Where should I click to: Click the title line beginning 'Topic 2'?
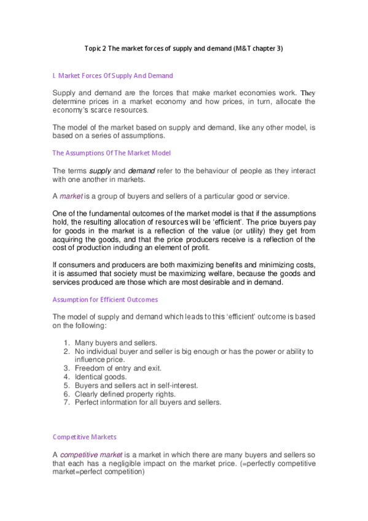[x=183, y=49]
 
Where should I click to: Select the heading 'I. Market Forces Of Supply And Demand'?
[x=112, y=76]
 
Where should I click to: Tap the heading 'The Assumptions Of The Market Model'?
[x=111, y=153]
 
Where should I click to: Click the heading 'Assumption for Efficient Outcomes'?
[x=105, y=299]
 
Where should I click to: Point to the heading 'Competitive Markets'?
[x=84, y=437]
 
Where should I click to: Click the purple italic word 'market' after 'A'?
[x=71, y=196]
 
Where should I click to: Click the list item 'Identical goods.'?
[x=101, y=377]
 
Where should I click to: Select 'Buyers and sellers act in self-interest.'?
[x=136, y=385]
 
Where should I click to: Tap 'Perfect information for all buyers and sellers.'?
[x=147, y=402]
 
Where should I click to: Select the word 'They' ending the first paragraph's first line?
[x=307, y=93]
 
